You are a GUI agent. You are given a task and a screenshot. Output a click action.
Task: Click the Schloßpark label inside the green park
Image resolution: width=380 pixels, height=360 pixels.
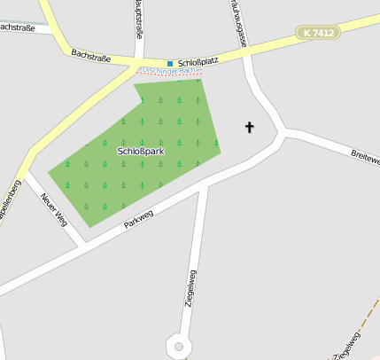tap(141, 152)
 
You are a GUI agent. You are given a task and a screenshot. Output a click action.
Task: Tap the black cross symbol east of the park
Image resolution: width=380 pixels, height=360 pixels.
tap(249, 128)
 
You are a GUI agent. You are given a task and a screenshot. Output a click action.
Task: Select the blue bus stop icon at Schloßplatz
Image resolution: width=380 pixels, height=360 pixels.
tap(170, 63)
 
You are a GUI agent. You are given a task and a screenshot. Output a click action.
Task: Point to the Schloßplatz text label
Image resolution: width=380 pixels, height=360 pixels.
tap(198, 63)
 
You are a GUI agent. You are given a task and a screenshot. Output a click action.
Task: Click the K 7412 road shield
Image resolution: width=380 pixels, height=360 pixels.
tap(318, 33)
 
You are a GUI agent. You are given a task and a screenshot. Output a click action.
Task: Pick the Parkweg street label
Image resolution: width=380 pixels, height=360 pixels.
tap(139, 218)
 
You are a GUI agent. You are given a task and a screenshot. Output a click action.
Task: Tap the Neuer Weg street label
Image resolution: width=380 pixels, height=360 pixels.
tap(54, 207)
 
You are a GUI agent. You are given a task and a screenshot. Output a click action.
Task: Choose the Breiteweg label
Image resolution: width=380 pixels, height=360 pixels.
tap(365, 158)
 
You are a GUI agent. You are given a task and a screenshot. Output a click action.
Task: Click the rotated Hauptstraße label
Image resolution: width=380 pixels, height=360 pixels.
tap(139, 20)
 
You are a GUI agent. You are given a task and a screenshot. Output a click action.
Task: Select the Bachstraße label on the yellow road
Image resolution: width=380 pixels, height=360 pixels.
tap(91, 58)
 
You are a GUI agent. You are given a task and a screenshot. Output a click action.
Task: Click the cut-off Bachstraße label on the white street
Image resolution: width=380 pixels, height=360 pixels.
tap(17, 27)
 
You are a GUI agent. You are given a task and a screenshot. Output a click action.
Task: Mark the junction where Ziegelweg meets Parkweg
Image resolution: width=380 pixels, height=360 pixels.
tap(206, 184)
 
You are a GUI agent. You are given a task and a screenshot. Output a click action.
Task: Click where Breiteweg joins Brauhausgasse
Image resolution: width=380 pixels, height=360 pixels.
tap(283, 133)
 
